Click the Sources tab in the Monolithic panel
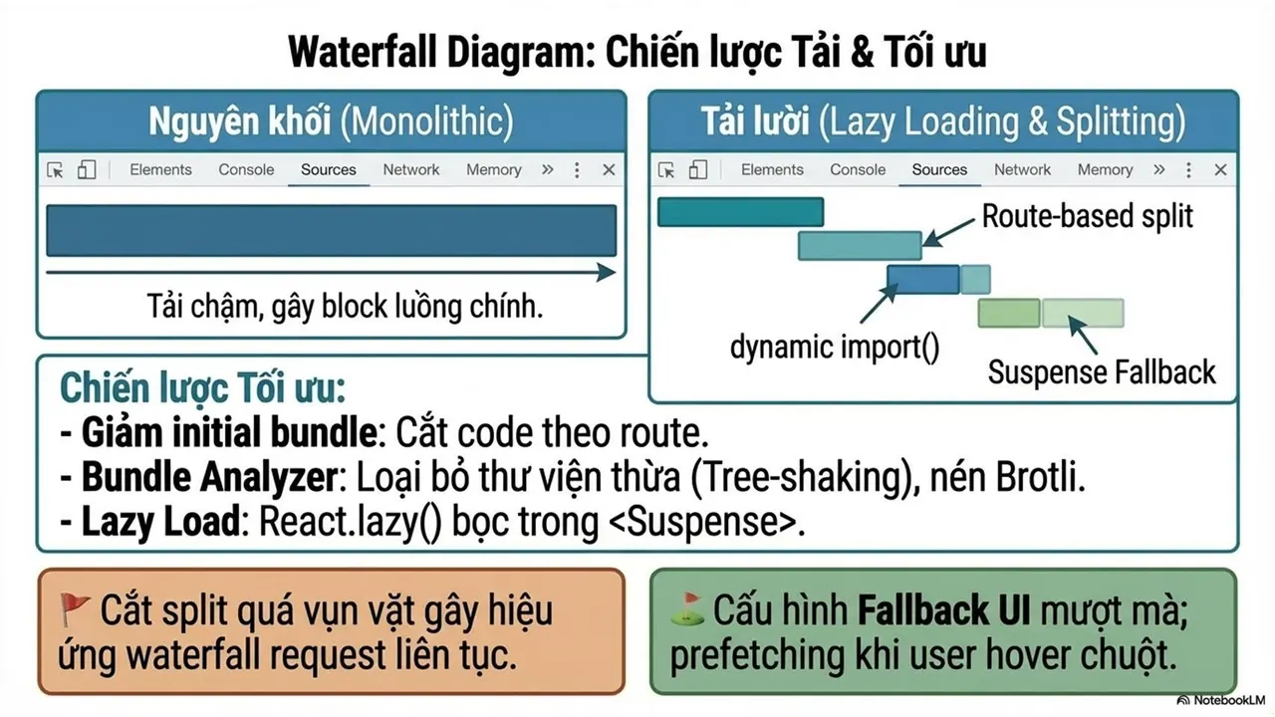tap(329, 169)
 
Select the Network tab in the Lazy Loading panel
tap(1022, 169)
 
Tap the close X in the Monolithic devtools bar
tap(609, 169)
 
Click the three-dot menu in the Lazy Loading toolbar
tap(1188, 169)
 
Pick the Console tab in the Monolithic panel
tap(246, 169)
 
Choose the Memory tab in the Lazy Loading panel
tap(1105, 169)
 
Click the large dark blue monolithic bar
tap(332, 230)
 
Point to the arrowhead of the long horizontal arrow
tap(607, 272)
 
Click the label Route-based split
tap(1087, 216)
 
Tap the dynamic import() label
tap(835, 347)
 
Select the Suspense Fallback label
tap(1102, 372)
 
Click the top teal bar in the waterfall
tap(740, 212)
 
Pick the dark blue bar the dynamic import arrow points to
tap(922, 280)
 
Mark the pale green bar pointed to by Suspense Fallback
tap(1083, 313)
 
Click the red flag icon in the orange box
tap(75, 607)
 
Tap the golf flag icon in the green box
tap(687, 608)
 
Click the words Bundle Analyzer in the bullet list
tap(209, 477)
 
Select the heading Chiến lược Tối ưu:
tap(202, 388)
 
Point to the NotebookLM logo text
tap(1221, 700)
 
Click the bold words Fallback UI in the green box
tap(943, 610)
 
